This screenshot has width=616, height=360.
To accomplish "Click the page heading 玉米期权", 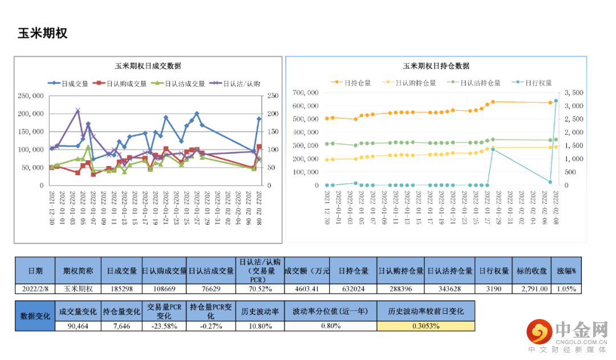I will point(43,33).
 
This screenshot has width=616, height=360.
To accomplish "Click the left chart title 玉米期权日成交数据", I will point(148,66).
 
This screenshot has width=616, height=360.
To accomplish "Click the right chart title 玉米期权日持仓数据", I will point(436,66).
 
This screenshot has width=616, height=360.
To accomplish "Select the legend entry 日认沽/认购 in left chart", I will point(236,83).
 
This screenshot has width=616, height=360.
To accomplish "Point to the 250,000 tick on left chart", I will point(31,96).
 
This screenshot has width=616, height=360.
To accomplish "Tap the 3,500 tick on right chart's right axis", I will point(573,92).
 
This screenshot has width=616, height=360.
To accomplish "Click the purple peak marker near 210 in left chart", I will point(78,111).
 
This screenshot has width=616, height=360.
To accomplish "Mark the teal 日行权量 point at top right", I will point(556,101).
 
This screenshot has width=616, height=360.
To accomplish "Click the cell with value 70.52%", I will point(259,289).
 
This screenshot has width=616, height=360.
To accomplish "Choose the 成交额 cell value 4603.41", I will point(307,289).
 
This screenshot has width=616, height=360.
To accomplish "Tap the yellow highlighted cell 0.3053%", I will point(425,326).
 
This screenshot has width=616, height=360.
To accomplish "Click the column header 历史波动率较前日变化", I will point(425,312).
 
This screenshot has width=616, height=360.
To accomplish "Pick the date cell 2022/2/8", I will point(35,289).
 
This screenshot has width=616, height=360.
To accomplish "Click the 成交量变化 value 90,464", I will point(78,326).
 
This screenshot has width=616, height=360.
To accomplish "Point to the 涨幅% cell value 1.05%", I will point(566,289).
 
